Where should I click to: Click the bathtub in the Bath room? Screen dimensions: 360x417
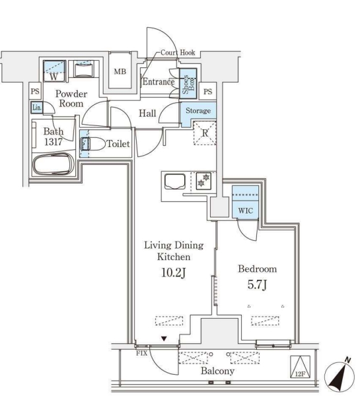54,164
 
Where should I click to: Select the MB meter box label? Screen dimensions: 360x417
120,71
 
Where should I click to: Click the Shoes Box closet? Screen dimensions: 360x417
188,83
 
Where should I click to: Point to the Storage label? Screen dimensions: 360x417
198,110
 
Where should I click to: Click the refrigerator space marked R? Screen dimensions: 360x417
205,133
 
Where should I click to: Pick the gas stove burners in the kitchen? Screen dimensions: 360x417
203,181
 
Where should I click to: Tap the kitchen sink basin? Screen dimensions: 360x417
175,181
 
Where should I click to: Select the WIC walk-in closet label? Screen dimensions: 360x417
246,210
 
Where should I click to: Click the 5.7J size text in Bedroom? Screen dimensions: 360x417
257,285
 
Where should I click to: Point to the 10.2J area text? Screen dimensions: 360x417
173,273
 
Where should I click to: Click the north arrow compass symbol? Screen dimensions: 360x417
340,376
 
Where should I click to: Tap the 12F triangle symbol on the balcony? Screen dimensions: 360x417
300,367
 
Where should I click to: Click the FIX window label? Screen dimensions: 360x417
141,354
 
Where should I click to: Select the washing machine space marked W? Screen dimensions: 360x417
54,71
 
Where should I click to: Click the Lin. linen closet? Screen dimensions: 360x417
37,108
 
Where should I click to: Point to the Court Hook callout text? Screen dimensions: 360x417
178,53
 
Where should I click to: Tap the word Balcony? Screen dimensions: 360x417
217,371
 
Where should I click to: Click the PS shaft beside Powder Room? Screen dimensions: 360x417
35,91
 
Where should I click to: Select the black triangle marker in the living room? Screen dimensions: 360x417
164,339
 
